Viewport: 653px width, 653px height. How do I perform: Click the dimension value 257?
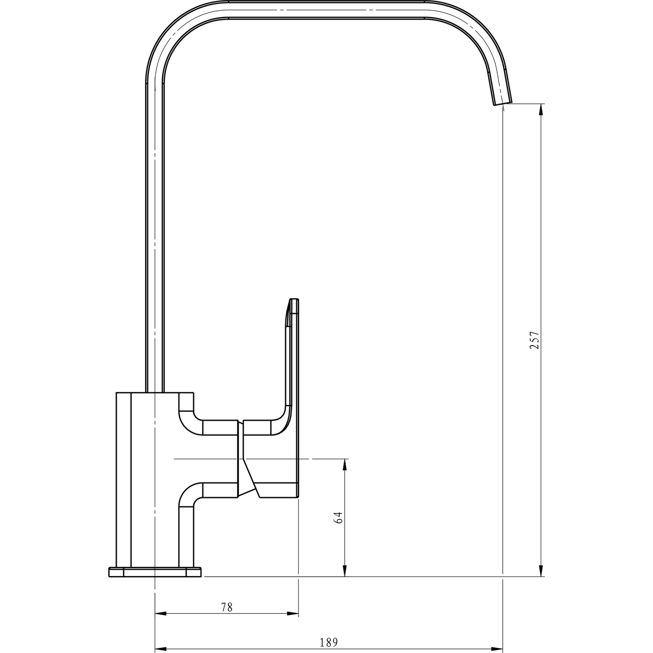pos(534,340)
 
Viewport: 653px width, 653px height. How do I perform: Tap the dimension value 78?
pos(227,607)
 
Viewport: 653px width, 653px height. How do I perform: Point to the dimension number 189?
pos(329,642)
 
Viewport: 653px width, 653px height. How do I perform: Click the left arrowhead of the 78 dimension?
pos(161,614)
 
